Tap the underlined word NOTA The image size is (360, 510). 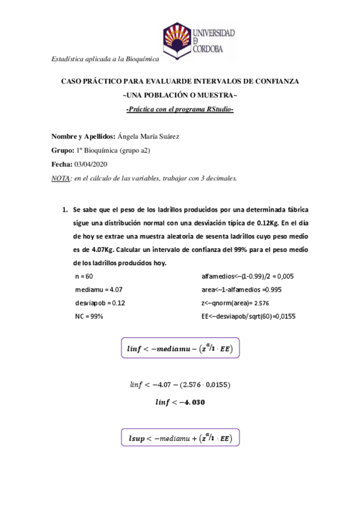click(x=61, y=178)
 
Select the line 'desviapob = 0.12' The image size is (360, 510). click(x=96, y=303)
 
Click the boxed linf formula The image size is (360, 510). click(x=180, y=348)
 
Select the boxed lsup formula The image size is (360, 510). click(x=180, y=438)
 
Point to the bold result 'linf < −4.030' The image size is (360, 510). click(x=180, y=402)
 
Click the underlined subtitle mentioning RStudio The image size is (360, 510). click(x=180, y=109)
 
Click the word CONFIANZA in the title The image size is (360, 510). click(x=273, y=81)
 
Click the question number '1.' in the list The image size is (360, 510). click(x=65, y=210)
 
